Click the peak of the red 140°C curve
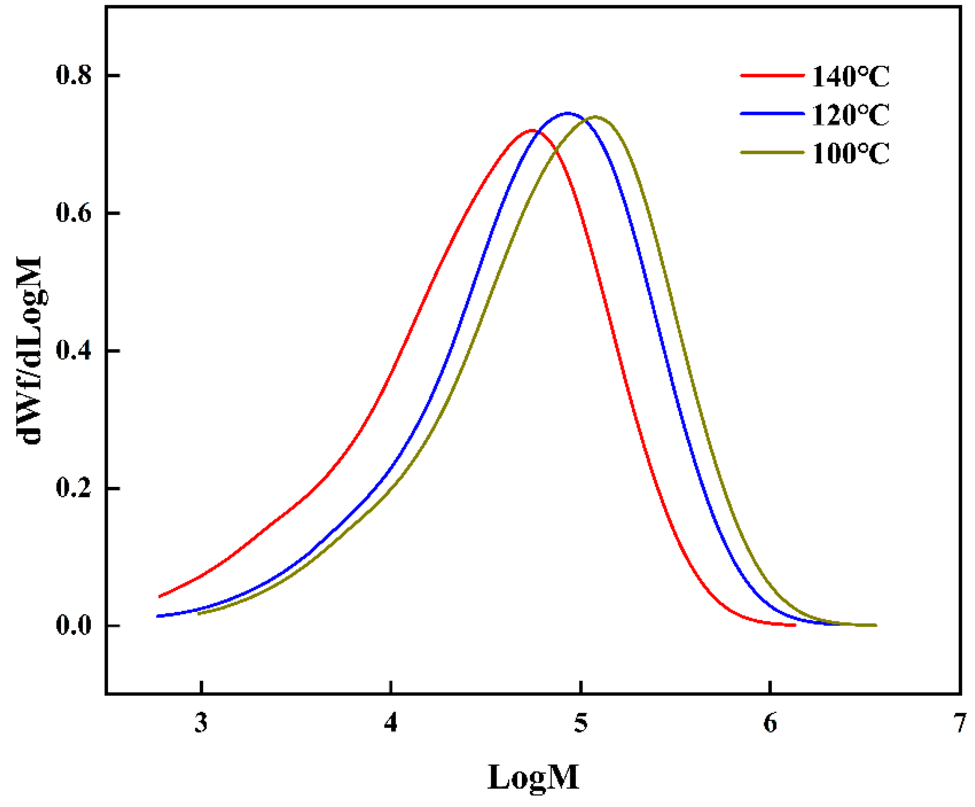532,130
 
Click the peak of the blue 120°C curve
568,113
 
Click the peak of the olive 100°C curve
596,117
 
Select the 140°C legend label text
850,76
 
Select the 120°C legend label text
850,115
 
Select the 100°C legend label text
850,154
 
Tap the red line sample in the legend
772,75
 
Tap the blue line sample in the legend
772,114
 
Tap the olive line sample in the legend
772,152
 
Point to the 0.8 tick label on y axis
74,75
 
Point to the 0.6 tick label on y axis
74,212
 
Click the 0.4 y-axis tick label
74,350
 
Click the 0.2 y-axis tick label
74,488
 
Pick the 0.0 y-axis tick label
74,625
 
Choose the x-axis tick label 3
201,722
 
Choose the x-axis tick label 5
581,722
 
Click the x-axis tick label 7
959,722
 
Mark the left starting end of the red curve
160,596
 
